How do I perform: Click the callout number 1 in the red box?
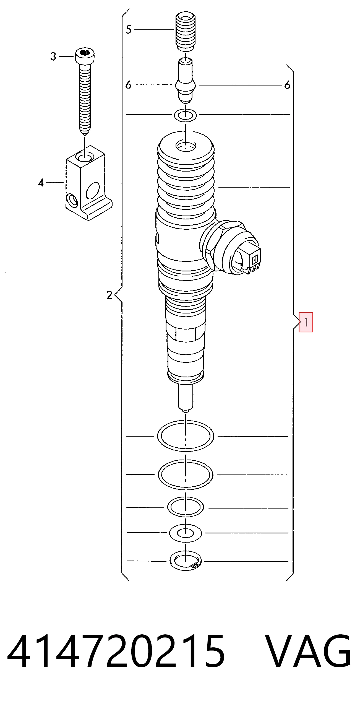click(306, 322)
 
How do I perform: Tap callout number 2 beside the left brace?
click(109, 295)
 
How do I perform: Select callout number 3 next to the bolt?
click(53, 56)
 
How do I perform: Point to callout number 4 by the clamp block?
click(41, 183)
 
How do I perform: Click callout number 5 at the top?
click(128, 29)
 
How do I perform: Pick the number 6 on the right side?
click(287, 85)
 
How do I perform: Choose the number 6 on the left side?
click(128, 85)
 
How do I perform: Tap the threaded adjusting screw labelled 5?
click(186, 32)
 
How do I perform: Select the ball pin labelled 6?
click(186, 80)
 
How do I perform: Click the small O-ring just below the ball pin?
click(186, 115)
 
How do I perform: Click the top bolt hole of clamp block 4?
click(85, 157)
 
